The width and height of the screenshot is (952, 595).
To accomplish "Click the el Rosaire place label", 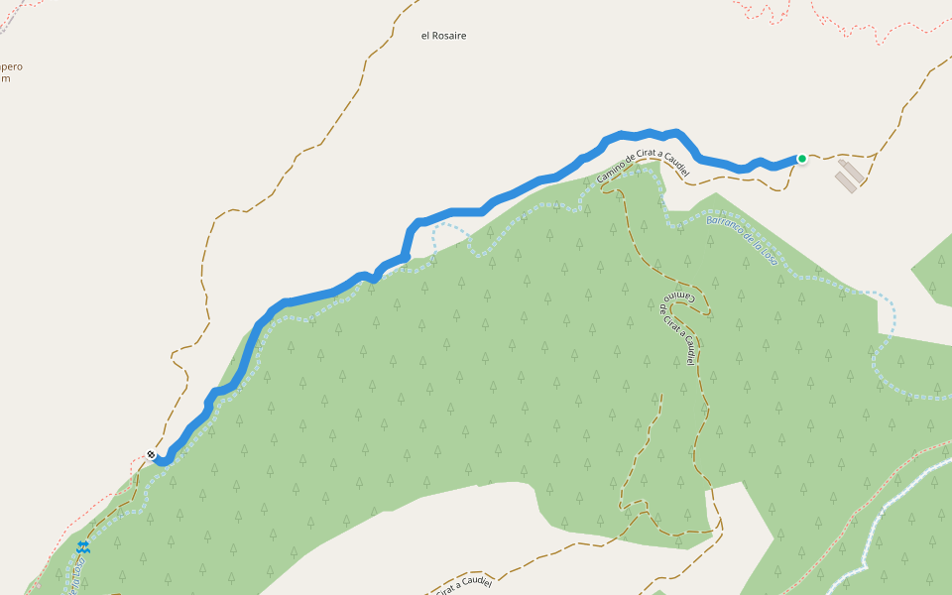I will tap(443, 36).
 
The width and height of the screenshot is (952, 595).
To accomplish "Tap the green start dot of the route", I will tap(801, 158).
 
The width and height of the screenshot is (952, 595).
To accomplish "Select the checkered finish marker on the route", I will tap(151, 455).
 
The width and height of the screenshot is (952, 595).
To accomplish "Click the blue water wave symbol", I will tap(84, 546).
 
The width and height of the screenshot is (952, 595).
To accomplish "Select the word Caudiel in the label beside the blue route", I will tap(670, 159).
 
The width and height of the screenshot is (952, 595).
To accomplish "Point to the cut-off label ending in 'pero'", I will tap(10, 66).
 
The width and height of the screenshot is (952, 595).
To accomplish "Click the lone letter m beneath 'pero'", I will tap(5, 78).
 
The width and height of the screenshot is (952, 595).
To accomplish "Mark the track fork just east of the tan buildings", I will tap(877, 156).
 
